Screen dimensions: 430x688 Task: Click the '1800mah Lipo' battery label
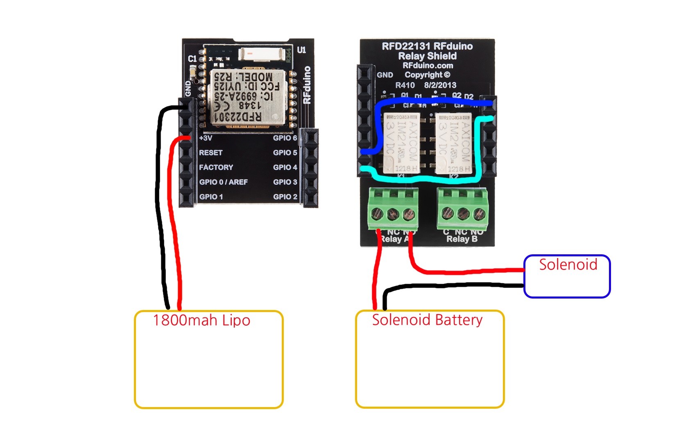click(201, 320)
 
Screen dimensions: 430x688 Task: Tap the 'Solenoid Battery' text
click(427, 320)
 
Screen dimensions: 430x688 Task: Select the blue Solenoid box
click(567, 276)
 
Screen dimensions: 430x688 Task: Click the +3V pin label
click(206, 138)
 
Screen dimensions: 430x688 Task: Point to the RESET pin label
click(210, 153)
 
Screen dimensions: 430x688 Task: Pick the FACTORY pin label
click(216, 167)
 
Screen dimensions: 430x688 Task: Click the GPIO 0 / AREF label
click(223, 182)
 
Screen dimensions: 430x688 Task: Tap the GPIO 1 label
click(211, 197)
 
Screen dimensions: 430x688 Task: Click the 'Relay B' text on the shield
click(462, 239)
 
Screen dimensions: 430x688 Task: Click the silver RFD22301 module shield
click(247, 97)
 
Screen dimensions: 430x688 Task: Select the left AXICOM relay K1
click(401, 143)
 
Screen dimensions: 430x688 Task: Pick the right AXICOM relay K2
click(453, 143)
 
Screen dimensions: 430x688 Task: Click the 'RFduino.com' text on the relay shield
click(428, 66)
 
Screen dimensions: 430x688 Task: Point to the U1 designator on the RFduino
click(301, 50)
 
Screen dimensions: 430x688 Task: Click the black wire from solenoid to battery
click(450, 286)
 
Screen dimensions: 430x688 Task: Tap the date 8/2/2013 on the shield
click(440, 85)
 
